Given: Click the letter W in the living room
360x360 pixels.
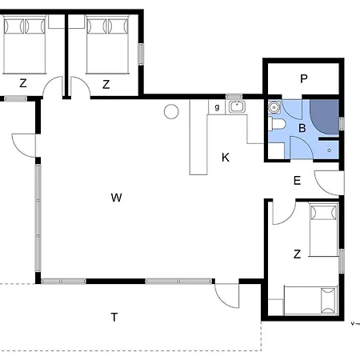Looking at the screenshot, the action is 116,198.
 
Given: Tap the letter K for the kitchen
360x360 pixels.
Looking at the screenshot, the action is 226,158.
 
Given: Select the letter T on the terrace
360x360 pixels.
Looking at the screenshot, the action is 114,317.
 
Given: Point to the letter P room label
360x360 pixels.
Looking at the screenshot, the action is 304,78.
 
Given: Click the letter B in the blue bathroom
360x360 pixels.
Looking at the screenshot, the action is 302,128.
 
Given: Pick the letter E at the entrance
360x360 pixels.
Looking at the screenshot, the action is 297,181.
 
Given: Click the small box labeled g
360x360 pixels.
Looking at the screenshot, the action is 217,107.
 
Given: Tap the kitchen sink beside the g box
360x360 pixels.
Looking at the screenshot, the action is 237,106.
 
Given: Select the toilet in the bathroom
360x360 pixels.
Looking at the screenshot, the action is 278,124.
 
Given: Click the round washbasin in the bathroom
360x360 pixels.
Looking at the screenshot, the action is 274,107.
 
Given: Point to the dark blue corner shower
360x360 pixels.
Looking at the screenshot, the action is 324,117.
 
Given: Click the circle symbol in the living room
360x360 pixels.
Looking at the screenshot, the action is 171,111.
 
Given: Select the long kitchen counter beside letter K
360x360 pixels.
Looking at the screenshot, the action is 198,137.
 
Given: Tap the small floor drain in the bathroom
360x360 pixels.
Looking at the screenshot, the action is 330,150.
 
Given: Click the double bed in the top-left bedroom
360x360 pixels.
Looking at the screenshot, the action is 25,45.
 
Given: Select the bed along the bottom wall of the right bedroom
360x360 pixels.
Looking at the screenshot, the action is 311,300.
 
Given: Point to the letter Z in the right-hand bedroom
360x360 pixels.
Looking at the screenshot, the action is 297,254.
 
